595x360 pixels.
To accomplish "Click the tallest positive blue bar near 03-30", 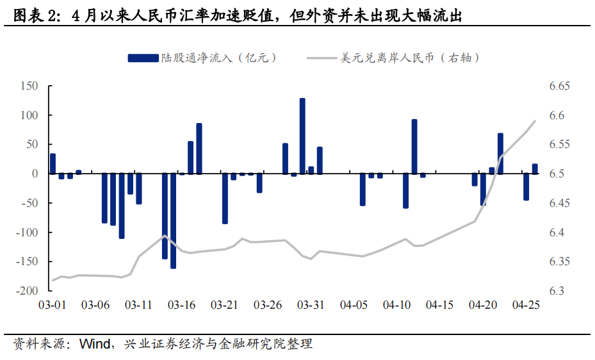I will point(302,136).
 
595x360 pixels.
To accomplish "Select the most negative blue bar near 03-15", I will point(173,220).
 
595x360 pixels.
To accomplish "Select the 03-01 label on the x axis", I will point(53,306).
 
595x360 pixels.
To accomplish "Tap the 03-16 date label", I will point(182,306).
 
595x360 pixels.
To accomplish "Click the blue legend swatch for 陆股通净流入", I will point(143,58).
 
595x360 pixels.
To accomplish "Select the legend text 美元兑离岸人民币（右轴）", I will point(410,58).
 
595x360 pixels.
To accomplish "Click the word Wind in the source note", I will point(94,344).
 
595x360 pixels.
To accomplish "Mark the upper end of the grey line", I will point(535,120).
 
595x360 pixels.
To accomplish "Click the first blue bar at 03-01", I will point(53,163).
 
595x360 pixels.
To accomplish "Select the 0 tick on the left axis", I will point(36,174).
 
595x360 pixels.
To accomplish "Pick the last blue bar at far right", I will point(535,168).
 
